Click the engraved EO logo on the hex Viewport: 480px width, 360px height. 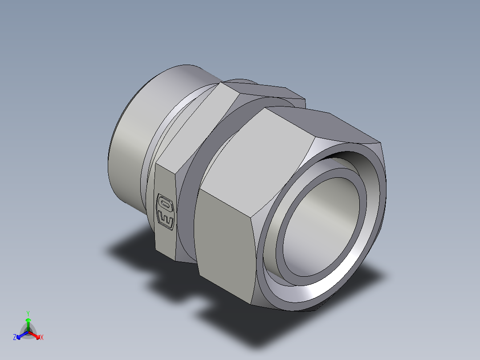[165, 212]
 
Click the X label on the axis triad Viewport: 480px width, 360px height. [42, 338]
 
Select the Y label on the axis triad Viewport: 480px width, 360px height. [28, 313]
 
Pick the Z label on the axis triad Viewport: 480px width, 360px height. [15, 338]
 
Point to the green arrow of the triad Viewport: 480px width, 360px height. [28, 322]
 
